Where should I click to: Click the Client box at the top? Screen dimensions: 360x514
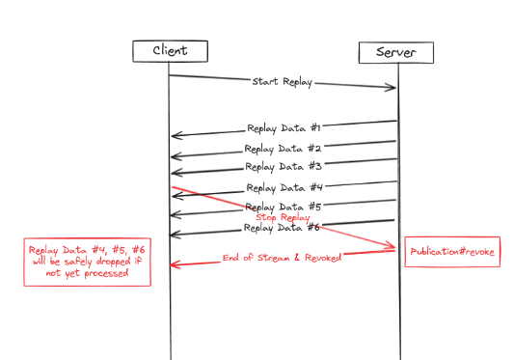[x=170, y=50]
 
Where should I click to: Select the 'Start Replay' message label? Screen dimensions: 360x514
[x=284, y=82]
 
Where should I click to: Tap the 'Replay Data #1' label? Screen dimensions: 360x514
[x=284, y=126]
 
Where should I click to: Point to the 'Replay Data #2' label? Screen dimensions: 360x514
[x=283, y=149]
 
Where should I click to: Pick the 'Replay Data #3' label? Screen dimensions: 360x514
[x=283, y=167]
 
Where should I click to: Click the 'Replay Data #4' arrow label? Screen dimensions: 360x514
[x=284, y=187]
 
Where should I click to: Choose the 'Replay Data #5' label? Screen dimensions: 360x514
[x=284, y=207]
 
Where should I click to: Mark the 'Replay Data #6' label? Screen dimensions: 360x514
[x=283, y=228]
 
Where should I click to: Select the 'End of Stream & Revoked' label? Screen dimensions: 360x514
[x=281, y=258]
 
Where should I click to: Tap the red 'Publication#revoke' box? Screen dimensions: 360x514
[x=452, y=251]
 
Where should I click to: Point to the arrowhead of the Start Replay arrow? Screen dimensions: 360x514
[x=393, y=88]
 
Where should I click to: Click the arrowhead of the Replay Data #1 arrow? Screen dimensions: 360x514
[x=175, y=136]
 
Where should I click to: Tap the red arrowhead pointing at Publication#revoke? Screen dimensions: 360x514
[x=393, y=248]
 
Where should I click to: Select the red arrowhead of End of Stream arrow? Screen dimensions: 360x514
[x=174, y=263]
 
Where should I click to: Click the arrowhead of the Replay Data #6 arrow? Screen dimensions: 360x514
[x=174, y=235]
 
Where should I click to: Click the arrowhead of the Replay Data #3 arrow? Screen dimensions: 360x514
[x=175, y=175]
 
